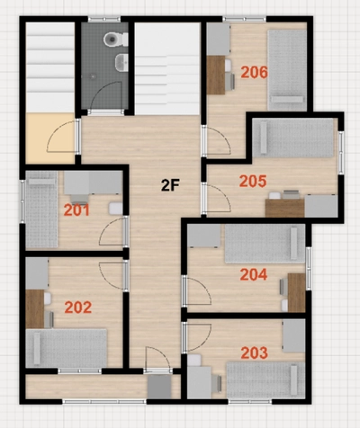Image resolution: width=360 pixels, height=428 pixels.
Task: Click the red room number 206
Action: click(254, 72)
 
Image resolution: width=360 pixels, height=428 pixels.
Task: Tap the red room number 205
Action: click(253, 181)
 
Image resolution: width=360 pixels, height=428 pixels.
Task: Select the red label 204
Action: click(254, 275)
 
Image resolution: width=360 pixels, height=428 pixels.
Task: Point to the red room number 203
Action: click(255, 353)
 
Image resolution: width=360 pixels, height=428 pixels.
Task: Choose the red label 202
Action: click(78, 308)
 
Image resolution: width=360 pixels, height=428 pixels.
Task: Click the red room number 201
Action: click(76, 210)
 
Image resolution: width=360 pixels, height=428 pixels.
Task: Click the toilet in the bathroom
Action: click(112, 40)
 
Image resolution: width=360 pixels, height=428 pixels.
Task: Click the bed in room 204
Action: click(262, 243)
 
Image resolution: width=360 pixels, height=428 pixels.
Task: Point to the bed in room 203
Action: click(265, 379)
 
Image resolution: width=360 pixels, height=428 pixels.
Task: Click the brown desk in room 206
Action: click(216, 75)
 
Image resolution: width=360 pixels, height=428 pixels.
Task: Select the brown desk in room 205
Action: click(284, 206)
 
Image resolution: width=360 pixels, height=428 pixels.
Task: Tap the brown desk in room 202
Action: click(35, 308)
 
